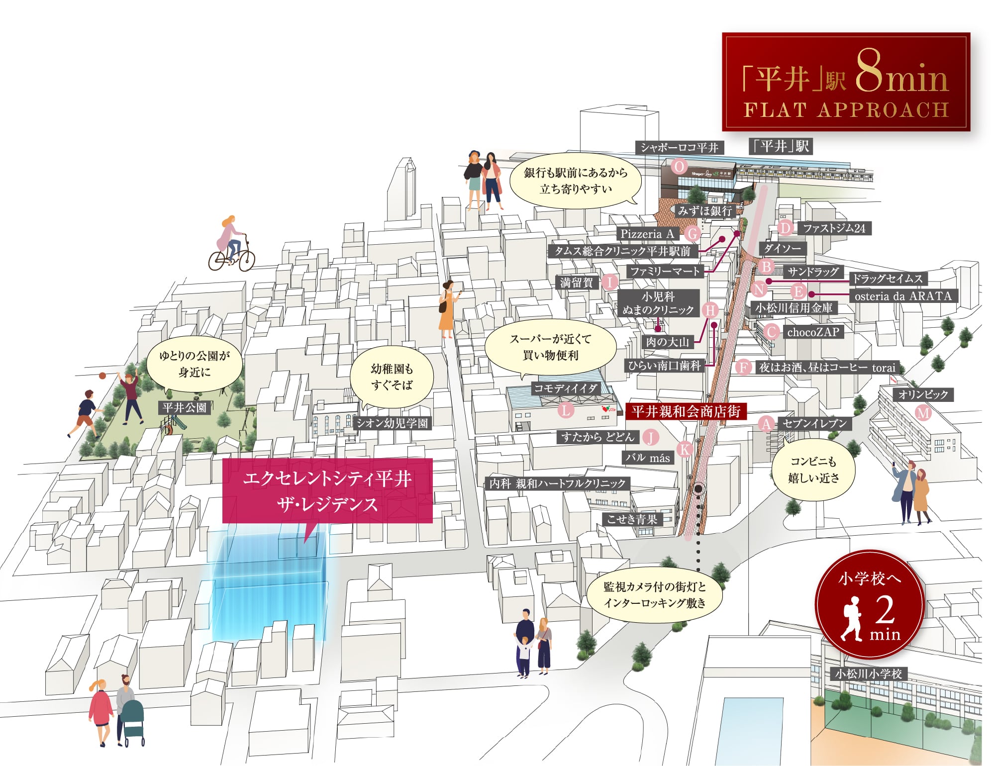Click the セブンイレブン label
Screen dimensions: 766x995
click(814, 423)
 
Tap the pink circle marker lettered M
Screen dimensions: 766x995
click(923, 412)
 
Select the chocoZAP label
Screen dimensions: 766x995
click(813, 332)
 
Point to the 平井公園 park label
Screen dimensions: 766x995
click(185, 407)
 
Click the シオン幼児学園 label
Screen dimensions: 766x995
click(392, 423)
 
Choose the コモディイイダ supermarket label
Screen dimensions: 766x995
click(565, 388)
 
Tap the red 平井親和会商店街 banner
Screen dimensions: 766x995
click(686, 411)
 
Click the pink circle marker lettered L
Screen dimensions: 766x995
click(566, 410)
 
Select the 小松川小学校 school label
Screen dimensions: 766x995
click(869, 674)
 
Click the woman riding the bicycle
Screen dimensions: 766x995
click(231, 244)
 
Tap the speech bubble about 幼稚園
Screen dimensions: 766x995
click(392, 377)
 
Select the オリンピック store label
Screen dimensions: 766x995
click(923, 394)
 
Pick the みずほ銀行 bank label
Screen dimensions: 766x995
click(704, 210)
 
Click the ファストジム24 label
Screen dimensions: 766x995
click(834, 228)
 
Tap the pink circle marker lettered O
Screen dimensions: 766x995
click(679, 166)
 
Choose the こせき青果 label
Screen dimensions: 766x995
click(632, 519)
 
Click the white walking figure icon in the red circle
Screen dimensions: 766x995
click(853, 618)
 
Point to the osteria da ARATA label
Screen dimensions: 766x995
click(903, 296)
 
